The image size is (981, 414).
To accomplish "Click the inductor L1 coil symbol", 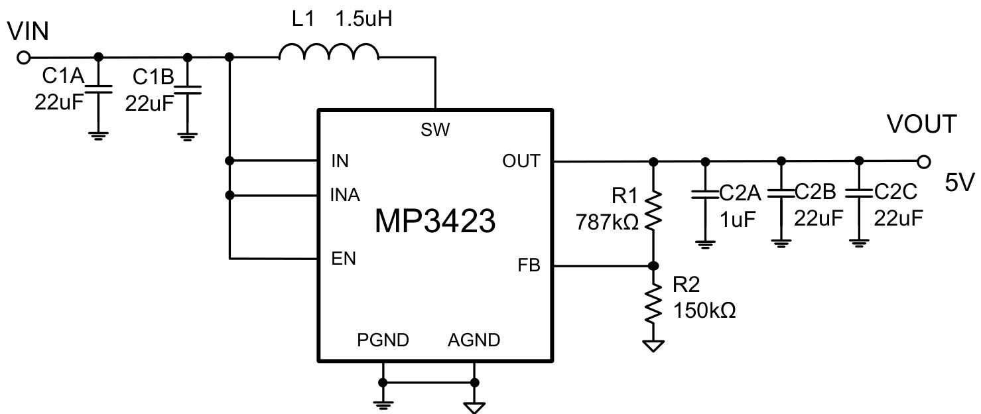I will (329, 53).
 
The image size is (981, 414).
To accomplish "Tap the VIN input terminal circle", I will (24, 58).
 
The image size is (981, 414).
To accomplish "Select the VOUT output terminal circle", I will (922, 161).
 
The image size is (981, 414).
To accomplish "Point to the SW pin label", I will (435, 131).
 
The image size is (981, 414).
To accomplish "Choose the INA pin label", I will (345, 196).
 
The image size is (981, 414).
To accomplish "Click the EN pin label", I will (344, 259).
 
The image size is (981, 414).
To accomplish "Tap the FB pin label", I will (529, 267).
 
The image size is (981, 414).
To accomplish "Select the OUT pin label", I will (522, 161).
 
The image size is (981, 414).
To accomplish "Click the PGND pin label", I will (383, 341).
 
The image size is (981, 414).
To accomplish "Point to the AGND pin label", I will (474, 341).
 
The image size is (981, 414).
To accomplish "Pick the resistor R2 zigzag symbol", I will (653, 303).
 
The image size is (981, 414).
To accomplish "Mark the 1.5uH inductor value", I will (364, 18).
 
